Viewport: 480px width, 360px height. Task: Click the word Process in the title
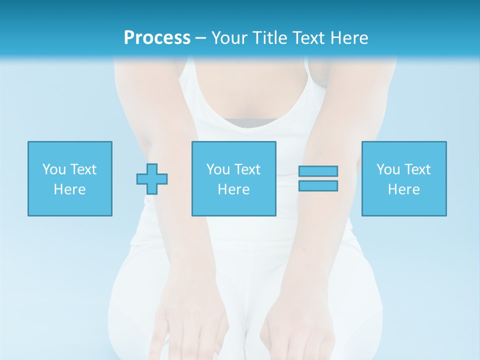[157, 38]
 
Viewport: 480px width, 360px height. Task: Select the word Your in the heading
[229, 38]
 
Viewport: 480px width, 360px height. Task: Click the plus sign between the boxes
[152, 179]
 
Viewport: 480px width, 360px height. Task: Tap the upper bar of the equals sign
[318, 171]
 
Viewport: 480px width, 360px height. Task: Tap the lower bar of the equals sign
[318, 186]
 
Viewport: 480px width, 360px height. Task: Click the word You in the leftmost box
[54, 169]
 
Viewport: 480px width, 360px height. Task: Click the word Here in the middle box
[233, 189]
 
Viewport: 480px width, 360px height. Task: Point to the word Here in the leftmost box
[69, 189]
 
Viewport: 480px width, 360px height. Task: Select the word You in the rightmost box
[388, 169]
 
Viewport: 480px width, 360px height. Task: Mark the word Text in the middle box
[247, 169]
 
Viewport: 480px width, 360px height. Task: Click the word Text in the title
[308, 38]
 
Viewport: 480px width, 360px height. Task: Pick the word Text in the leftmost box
[83, 169]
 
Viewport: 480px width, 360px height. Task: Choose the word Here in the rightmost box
[403, 189]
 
